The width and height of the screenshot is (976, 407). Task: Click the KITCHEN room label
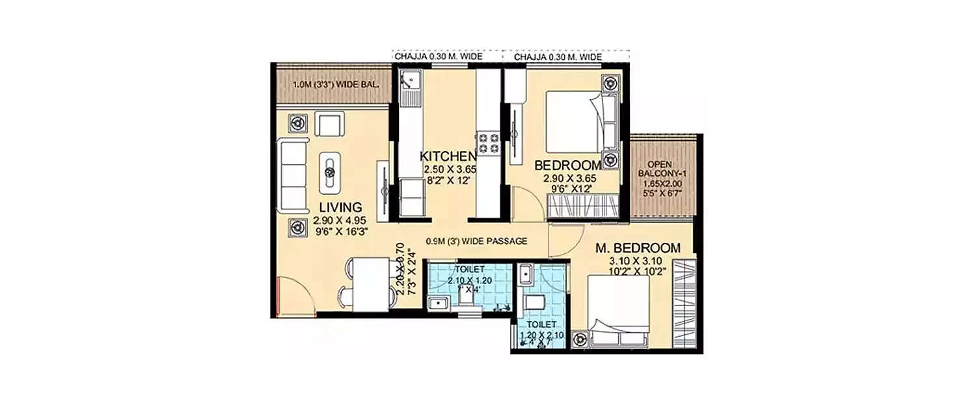coord(448,156)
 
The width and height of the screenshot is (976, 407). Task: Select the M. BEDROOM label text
coord(639,248)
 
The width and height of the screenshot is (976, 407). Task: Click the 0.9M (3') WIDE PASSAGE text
coord(476,241)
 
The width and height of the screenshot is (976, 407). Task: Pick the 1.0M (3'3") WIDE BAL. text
coord(327,85)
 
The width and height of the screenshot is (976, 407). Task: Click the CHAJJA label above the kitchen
coord(438,57)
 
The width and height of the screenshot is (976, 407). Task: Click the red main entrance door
coord(278,296)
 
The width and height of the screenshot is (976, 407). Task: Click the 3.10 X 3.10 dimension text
coord(632,261)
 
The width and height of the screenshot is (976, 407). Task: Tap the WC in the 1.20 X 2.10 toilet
coord(534,303)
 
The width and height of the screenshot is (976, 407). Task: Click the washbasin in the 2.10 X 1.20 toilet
coord(437,302)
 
